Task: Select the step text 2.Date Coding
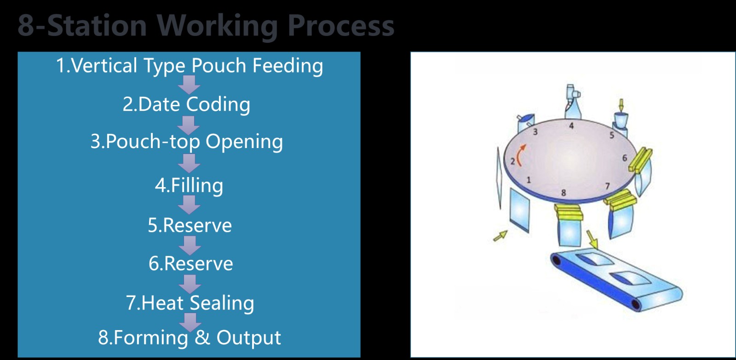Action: [x=186, y=104]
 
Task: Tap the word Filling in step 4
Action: [x=197, y=185]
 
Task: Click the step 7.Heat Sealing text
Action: [x=190, y=303]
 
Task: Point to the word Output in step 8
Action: [x=248, y=338]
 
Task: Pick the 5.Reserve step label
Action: [x=190, y=225]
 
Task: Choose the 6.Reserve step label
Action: [x=190, y=263]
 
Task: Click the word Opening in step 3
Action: [x=244, y=142]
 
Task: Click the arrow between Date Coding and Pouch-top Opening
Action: [x=189, y=125]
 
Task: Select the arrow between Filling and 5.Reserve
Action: [x=189, y=205]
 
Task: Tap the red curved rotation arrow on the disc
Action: [x=520, y=155]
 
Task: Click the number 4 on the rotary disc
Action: [x=571, y=126]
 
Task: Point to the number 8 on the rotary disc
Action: [x=563, y=193]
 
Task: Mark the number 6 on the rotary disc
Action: [x=625, y=158]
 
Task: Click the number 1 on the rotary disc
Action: [x=529, y=180]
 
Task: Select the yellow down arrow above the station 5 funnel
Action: [x=621, y=105]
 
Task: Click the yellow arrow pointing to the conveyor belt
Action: [x=592, y=239]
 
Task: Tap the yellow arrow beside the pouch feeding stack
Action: [x=500, y=235]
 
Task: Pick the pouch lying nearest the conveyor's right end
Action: [x=629, y=278]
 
